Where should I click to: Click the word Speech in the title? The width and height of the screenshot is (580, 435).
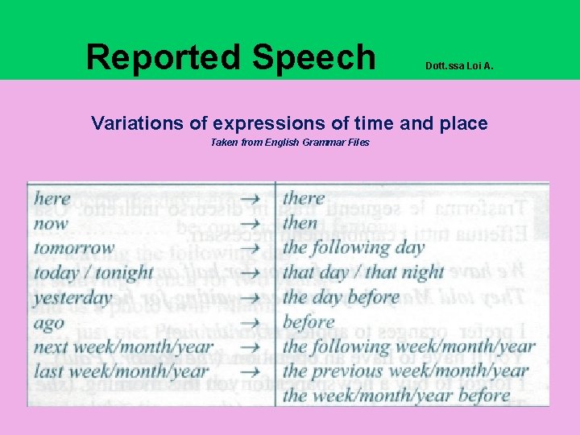pos(313,58)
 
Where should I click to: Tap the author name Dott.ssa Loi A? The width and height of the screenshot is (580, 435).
pos(459,68)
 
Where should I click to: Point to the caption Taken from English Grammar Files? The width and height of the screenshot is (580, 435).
pos(289,143)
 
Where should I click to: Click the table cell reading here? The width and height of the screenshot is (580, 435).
pos(52,198)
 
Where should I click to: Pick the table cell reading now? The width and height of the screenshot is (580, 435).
pos(51,223)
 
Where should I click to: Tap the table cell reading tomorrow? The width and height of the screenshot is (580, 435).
pos(74,248)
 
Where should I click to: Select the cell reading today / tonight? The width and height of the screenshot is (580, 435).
pos(93,273)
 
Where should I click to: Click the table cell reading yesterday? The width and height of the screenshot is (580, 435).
pos(73,298)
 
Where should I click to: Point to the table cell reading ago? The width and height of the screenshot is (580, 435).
pos(49,323)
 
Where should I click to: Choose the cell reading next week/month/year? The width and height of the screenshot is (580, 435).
pos(123,348)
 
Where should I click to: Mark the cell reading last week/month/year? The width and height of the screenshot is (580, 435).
pos(122,372)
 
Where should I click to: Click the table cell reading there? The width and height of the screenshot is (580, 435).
pos(304,198)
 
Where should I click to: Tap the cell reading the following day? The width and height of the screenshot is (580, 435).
pos(354,248)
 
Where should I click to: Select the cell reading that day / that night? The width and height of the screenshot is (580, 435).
pos(363,273)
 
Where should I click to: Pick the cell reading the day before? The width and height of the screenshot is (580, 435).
pos(342,298)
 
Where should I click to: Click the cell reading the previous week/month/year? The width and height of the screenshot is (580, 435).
pos(406,372)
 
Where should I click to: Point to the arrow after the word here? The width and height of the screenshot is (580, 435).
pos(252,199)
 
